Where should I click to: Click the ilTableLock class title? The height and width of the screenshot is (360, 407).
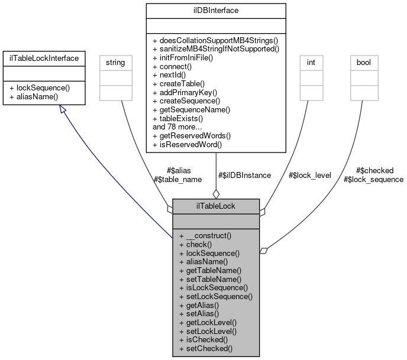click(216, 206)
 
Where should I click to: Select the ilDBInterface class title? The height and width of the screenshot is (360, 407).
click(216, 10)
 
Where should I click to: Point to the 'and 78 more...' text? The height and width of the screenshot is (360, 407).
click(176, 127)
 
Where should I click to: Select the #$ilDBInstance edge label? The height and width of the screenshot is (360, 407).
click(244, 175)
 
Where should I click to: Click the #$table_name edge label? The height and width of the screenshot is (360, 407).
click(177, 179)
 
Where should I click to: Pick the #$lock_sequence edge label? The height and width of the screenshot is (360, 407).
click(373, 179)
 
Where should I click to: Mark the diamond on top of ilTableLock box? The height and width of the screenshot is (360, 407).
click(216, 194)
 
